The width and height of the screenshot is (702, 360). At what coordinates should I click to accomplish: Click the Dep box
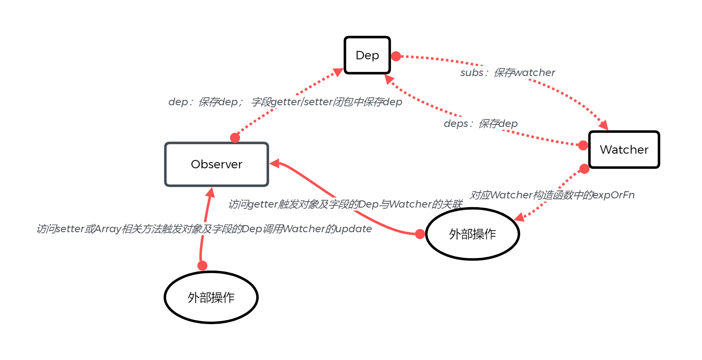367,55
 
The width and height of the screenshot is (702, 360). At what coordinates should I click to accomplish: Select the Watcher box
624,150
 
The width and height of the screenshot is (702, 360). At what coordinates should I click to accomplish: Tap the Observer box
217,164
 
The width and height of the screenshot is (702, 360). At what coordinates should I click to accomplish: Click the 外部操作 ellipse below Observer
211,297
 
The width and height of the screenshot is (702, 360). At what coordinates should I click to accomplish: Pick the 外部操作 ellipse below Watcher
472,234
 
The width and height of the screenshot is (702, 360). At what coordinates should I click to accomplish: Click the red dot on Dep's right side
396,56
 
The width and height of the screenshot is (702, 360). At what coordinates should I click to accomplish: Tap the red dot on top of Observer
235,137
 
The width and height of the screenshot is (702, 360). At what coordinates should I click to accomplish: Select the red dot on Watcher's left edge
583,145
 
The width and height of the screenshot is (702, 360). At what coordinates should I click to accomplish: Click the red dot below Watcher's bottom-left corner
584,169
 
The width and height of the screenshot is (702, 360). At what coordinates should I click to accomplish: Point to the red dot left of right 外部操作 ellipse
420,234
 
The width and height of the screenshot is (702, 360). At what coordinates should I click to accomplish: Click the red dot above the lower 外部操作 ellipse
202,266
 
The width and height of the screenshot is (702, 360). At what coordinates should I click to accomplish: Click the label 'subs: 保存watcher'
508,73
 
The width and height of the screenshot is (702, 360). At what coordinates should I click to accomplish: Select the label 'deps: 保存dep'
480,124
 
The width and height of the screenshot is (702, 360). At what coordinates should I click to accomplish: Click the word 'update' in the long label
354,229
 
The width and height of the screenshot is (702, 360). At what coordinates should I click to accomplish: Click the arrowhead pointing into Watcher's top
604,125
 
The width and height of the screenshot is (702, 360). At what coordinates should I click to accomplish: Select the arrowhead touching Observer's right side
275,163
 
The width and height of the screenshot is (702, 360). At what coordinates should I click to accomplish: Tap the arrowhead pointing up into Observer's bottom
210,193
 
